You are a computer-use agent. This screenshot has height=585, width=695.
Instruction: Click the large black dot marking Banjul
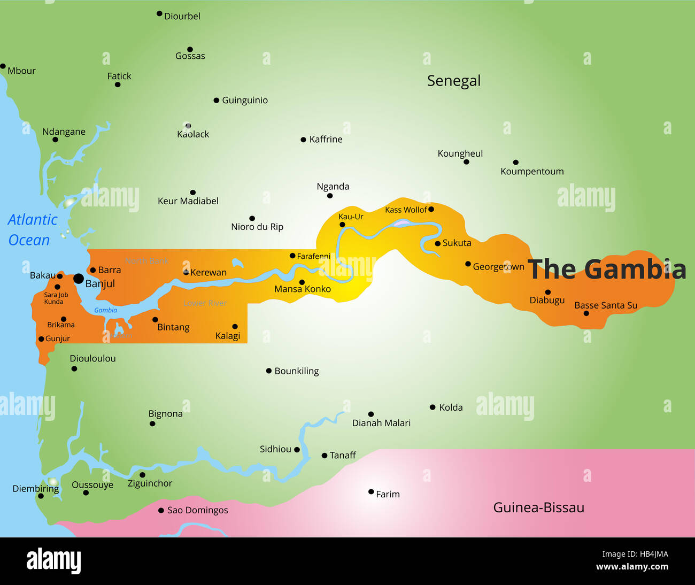(79, 279)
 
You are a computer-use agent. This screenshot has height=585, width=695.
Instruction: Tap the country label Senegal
(453, 81)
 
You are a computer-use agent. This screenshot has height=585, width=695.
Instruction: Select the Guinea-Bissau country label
(538, 507)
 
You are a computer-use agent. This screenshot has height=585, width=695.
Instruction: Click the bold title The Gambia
(607, 269)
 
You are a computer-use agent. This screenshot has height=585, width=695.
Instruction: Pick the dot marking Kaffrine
(304, 140)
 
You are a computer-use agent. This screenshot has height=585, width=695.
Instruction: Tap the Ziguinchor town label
(150, 483)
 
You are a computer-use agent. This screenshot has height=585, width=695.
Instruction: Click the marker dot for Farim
(371, 492)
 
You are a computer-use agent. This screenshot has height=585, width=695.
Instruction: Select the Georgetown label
(498, 267)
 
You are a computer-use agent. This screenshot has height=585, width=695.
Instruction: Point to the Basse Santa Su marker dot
(586, 313)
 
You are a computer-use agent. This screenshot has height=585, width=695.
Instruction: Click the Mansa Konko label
(303, 289)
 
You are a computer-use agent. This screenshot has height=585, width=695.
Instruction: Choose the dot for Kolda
(433, 407)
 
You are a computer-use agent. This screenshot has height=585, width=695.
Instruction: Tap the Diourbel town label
(182, 17)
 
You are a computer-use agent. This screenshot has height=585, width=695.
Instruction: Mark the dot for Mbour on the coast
(3, 66)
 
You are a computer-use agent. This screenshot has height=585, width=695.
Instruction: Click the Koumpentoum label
(532, 172)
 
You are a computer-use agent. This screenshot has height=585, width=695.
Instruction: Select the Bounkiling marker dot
(269, 371)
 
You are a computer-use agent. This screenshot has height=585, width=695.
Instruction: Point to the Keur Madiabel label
(188, 201)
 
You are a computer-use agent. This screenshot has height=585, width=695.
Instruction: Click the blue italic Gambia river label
(105, 310)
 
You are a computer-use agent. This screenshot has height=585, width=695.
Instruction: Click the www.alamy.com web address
(632, 567)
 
